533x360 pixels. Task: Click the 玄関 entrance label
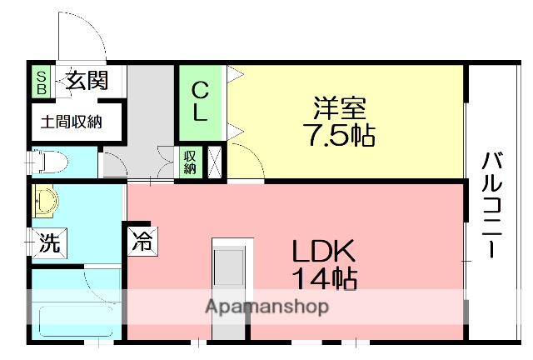point(87,82)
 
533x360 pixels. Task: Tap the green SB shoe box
point(40,82)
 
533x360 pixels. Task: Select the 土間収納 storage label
point(72,122)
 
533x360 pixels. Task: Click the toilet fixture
point(49,159)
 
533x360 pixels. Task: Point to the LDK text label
point(324,251)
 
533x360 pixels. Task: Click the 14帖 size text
point(324,278)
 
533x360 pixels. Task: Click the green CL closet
point(201,102)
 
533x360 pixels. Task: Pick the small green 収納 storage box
point(190,162)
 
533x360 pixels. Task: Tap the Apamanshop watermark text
point(266,307)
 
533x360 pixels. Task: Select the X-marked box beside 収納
point(214,162)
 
